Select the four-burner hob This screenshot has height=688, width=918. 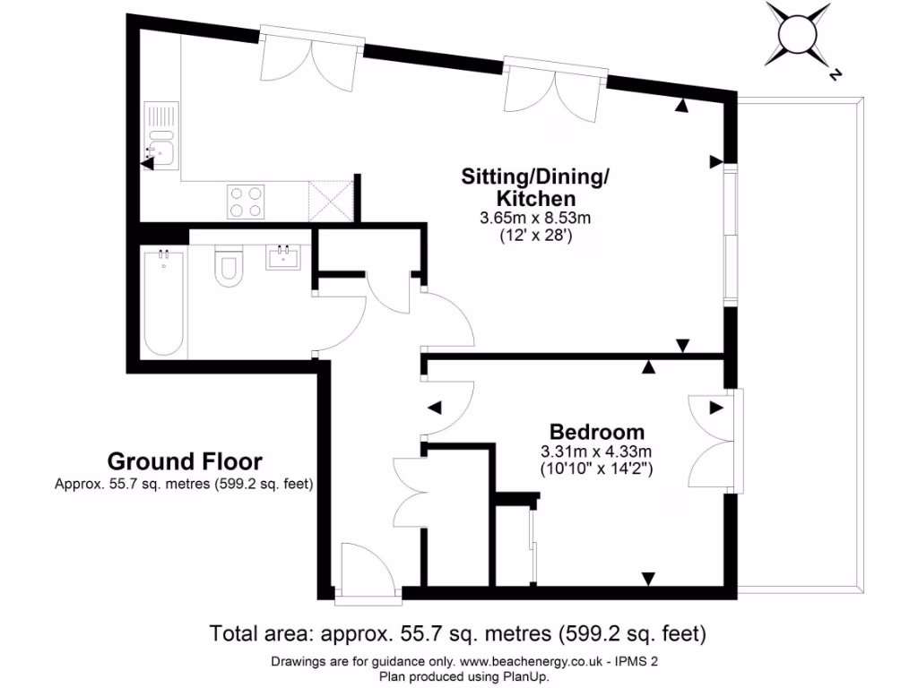(247, 200)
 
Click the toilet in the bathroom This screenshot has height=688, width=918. (229, 266)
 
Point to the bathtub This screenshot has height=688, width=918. (165, 302)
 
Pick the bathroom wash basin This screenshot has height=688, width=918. (286, 258)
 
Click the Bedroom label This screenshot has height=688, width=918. (596, 430)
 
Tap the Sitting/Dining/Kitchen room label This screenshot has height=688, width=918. (535, 186)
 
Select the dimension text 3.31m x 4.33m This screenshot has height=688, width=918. (595, 450)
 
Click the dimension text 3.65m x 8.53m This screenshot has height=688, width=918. (536, 218)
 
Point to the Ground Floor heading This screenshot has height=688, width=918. (185, 461)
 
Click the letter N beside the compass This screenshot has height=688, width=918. (835, 75)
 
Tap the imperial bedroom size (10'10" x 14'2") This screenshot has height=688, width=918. (595, 468)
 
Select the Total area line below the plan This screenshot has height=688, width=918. (458, 634)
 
